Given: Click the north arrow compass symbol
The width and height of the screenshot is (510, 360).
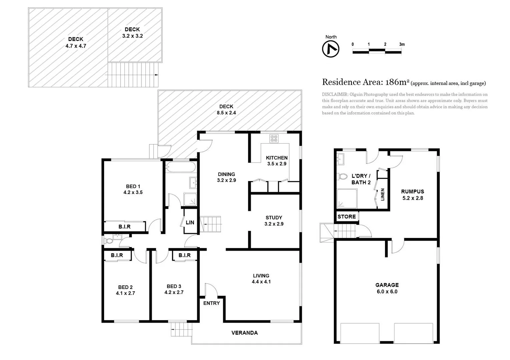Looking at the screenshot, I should (331, 49).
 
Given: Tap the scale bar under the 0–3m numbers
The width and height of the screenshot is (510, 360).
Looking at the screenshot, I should (377, 51).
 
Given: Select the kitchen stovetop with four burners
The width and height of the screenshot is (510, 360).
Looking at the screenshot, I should (274, 138).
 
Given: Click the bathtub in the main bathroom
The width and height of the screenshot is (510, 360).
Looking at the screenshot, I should (180, 167).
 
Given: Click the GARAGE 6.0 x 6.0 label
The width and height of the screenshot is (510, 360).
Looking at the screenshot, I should (387, 288).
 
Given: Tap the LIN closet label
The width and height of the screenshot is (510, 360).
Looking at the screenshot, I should (190, 222).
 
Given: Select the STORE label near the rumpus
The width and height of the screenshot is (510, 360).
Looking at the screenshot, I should (347, 217).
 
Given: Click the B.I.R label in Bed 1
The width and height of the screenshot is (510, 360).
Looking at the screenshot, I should (124, 227).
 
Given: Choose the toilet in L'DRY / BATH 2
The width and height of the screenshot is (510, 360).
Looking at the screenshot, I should (342, 176).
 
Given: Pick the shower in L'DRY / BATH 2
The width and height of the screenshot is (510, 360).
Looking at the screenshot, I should (347, 199).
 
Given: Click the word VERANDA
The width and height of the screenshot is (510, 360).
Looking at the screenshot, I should (244, 333).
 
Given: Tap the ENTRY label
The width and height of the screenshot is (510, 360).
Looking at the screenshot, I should (211, 303).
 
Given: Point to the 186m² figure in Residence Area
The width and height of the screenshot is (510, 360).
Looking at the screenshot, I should (397, 82).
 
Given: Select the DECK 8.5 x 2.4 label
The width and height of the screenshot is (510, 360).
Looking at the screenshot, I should (226, 109).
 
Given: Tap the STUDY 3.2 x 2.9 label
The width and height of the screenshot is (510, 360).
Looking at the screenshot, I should (274, 221).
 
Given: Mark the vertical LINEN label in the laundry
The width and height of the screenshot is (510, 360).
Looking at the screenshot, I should (383, 194).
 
